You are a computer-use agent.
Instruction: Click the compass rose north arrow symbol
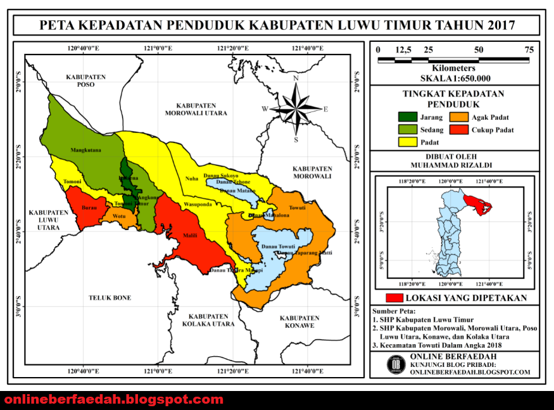tap(295, 106)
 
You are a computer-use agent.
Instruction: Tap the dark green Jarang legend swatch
tap(407, 117)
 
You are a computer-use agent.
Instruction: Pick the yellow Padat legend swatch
tap(407, 142)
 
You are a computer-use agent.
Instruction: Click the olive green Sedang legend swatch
tap(407, 130)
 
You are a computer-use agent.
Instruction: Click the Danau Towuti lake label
tap(277, 245)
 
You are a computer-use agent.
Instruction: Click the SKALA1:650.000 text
tap(455, 79)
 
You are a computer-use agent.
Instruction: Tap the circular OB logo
tap(397, 364)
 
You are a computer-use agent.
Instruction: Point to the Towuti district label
tap(297, 208)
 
